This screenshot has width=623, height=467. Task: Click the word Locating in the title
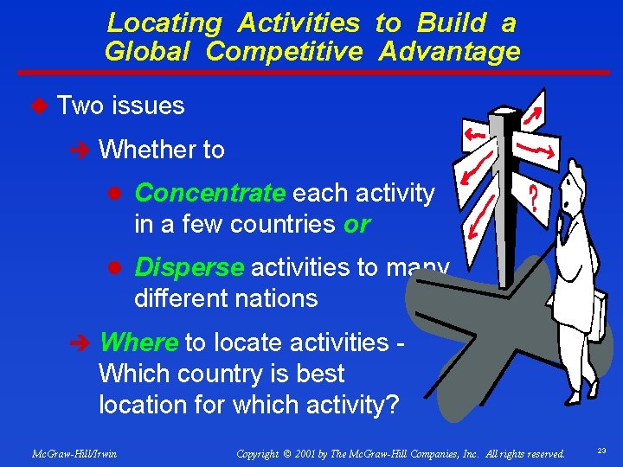(x=164, y=22)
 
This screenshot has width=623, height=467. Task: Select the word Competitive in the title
(x=285, y=52)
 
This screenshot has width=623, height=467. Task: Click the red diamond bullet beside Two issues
(x=38, y=106)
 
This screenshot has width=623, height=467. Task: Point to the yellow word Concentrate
(x=209, y=192)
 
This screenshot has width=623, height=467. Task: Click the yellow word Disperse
(x=189, y=267)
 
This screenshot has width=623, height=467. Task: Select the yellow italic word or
(x=356, y=224)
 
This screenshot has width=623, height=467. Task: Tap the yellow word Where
(x=138, y=342)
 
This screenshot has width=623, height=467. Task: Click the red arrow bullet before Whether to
(x=82, y=150)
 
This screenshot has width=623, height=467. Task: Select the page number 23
(x=601, y=451)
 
